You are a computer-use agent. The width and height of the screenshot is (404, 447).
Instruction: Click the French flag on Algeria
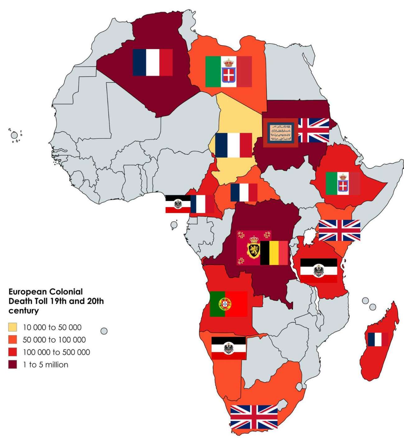coord(153,62)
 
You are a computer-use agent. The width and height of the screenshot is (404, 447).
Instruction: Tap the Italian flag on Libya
coord(228,72)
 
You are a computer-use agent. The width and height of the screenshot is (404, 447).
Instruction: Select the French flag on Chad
coord(233,145)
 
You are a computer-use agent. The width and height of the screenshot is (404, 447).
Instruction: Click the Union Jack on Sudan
coord(314,130)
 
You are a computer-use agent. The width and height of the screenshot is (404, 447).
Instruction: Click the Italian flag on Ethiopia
coord(343,183)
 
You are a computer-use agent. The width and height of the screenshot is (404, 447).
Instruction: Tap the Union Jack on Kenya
coord(339,230)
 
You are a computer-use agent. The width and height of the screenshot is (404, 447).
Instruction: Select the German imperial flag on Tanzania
coord(319,270)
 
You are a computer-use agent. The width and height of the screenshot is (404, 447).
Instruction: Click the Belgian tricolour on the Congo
coord(274,253)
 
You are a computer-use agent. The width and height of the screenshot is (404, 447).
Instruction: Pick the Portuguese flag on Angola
coord(228,304)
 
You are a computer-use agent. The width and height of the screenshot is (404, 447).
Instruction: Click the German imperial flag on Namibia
coord(229,348)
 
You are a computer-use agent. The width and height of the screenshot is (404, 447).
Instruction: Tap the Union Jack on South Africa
coord(254,417)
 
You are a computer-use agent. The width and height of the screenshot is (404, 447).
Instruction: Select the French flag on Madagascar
coord(378,339)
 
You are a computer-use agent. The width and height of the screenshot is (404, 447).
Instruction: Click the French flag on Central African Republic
coord(244,192)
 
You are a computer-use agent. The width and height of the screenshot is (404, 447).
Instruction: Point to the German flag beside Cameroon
coord(178,204)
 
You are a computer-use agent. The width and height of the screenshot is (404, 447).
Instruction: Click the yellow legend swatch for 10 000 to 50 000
coord(13,327)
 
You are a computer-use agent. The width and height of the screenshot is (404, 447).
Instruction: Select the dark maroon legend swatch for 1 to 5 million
coord(13,365)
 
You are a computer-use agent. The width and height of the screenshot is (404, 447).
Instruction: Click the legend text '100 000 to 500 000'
coord(56,352)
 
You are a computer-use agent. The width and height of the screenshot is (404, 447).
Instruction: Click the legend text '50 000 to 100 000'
coord(54,340)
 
